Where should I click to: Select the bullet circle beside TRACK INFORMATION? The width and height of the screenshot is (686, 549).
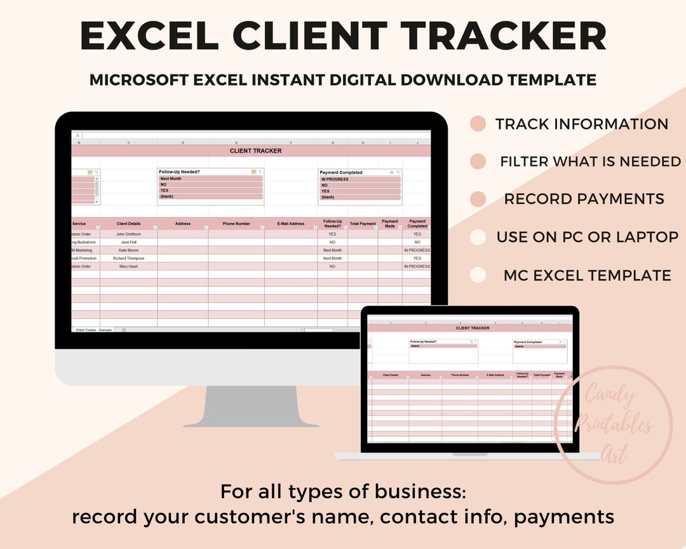(478, 124)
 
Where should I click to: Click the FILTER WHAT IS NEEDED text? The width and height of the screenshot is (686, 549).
(590, 161)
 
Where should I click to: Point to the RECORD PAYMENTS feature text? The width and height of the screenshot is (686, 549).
(584, 199)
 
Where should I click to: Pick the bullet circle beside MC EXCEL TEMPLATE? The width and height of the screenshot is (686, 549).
(478, 275)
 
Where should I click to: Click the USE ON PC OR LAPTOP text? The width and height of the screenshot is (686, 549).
(587, 237)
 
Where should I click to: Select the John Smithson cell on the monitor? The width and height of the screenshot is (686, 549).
(129, 234)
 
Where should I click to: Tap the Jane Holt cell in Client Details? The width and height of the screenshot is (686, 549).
(129, 242)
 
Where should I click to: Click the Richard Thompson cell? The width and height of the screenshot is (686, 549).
(129, 259)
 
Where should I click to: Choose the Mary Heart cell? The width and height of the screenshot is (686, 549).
(129, 266)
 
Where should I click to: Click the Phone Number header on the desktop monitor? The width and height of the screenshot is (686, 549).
(236, 224)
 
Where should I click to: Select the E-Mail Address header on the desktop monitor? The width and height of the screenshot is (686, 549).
(291, 224)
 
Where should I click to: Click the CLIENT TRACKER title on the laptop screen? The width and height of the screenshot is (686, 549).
(473, 328)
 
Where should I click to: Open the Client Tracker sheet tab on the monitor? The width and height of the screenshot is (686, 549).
(86, 330)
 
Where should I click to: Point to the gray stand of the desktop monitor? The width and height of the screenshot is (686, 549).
(251, 406)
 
